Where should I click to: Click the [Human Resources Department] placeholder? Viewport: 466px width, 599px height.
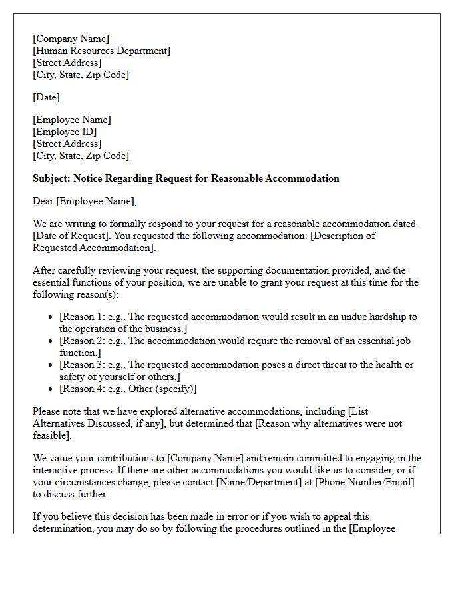coord(101,51)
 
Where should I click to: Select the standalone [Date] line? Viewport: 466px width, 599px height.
coord(46,97)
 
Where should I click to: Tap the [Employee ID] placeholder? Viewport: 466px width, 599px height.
coord(65,132)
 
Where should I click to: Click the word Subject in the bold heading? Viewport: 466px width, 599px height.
coord(51,178)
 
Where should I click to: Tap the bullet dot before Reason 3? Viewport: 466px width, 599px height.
coord(51,365)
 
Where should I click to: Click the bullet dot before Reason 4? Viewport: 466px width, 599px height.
coord(51,389)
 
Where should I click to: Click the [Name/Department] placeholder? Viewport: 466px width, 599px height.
coord(263,482)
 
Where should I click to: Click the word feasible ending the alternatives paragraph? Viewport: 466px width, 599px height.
coord(51,435)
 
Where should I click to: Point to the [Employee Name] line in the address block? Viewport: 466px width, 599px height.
coord(72,120)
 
